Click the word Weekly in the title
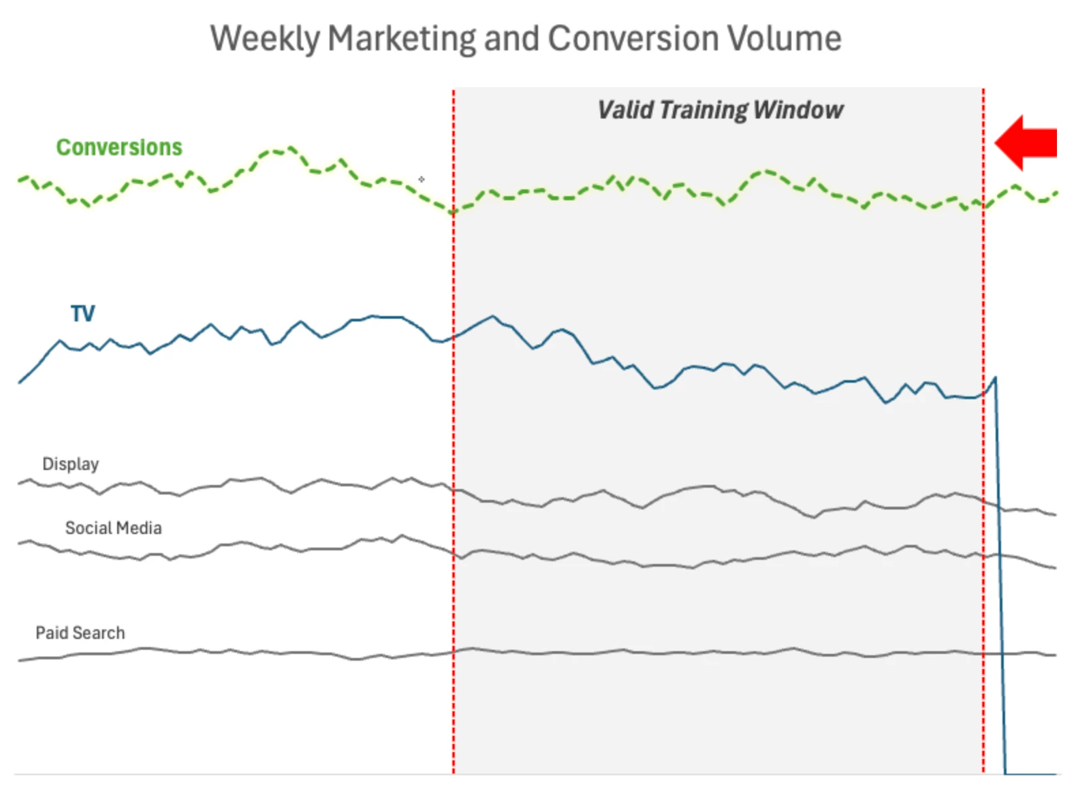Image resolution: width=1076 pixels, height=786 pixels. coord(264,39)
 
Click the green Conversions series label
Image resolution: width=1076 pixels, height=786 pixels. coord(119,147)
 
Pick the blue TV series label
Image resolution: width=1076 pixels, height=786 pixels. coord(83,314)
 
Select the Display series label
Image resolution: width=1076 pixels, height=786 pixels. coord(70,465)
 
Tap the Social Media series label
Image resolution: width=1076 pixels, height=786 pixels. coord(113,529)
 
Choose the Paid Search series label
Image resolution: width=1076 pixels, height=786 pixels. coord(80,633)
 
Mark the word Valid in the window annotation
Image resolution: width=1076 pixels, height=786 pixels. coord(625,110)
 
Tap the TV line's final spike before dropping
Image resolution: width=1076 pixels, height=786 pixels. coord(995,377)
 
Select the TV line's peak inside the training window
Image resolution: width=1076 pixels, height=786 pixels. coord(492,316)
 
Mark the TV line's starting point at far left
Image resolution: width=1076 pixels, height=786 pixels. coord(19,383)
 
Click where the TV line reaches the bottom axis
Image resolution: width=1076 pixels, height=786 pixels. coord(1006,773)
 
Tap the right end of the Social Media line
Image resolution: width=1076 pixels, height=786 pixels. coord(1055,568)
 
